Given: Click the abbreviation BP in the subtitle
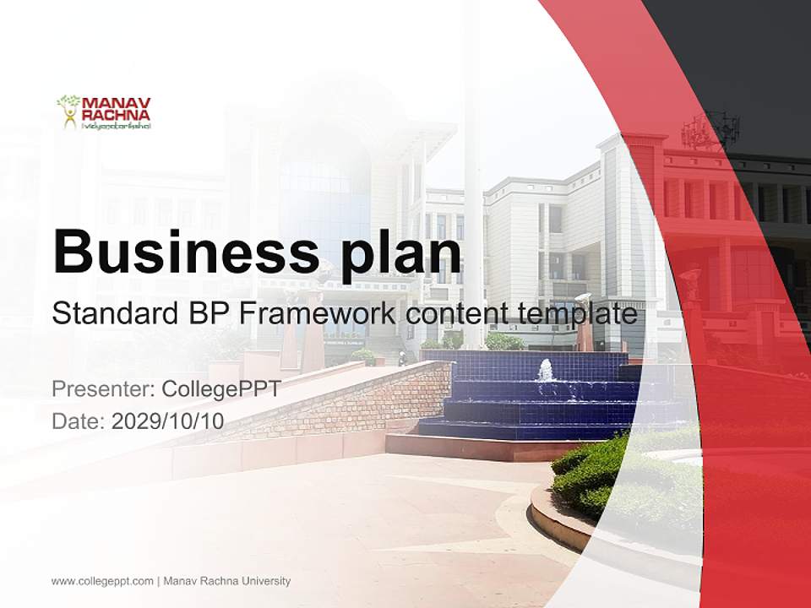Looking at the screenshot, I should point(206,314).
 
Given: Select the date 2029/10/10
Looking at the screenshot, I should point(168,421).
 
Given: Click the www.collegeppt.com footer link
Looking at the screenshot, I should point(102,581).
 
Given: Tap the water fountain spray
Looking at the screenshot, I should point(546,371).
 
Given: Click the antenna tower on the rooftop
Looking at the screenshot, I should point(710,129).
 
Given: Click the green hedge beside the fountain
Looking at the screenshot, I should point(591,473).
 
